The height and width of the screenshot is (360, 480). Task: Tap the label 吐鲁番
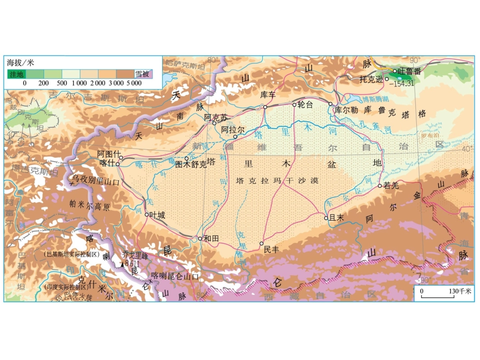(410, 72)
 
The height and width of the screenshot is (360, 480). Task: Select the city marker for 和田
(200, 238)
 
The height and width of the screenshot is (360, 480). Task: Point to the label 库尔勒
(346, 110)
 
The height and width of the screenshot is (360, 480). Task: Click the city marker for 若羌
(380, 186)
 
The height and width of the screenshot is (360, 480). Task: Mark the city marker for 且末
(326, 218)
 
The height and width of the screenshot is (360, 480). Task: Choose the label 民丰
(271, 249)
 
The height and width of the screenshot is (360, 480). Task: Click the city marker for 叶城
(147, 215)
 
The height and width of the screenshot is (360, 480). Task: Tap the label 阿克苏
(216, 117)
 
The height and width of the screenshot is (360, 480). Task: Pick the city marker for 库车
(265, 107)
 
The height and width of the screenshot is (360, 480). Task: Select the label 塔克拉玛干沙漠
(276, 180)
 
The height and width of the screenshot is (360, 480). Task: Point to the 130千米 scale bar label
(460, 291)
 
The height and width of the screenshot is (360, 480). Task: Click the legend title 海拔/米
(20, 63)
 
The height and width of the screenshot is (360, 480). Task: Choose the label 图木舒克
(191, 164)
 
